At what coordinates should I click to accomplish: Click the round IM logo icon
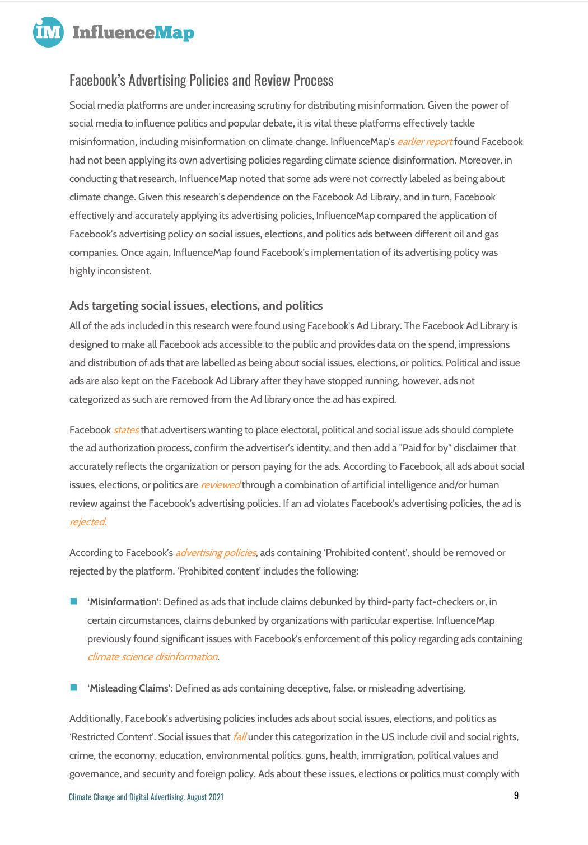(48, 32)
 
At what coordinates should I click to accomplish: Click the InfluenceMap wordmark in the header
(133, 32)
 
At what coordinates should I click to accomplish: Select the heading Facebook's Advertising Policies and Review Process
(201, 81)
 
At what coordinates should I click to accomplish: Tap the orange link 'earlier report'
(424, 142)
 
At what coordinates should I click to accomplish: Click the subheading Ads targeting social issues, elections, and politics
(196, 306)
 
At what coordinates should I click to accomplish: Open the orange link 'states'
(126, 430)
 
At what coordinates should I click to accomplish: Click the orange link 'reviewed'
(221, 485)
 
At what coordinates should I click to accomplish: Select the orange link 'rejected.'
(88, 522)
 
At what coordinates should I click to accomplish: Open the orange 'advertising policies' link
(216, 553)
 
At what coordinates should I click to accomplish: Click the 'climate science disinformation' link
(152, 657)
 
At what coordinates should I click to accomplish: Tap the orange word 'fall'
(239, 737)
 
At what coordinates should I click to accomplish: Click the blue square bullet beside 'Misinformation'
(73, 601)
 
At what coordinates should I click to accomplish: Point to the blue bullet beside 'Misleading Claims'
(73, 688)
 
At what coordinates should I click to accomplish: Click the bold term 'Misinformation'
(123, 602)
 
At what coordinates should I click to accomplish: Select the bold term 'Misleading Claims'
(129, 688)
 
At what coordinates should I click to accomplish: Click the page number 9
(516, 796)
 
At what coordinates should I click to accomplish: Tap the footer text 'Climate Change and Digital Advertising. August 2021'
(146, 797)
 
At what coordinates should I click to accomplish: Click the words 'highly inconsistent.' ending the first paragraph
(110, 271)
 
